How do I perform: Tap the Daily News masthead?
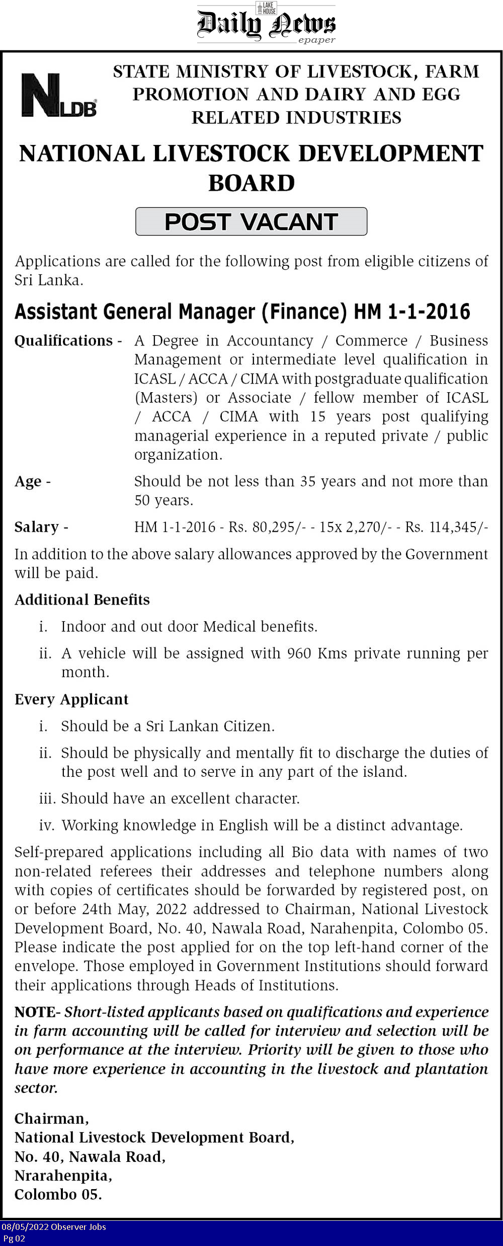point(266,24)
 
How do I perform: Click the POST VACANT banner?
point(251,222)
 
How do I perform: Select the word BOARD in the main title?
point(251,183)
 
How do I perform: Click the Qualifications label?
point(63,341)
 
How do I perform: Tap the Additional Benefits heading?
point(82,600)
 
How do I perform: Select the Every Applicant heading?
point(71,699)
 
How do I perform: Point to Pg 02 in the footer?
point(14,1238)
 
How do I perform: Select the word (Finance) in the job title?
point(304,312)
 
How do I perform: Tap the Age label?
point(28,482)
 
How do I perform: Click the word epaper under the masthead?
point(316,40)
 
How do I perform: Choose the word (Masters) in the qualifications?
point(166,398)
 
